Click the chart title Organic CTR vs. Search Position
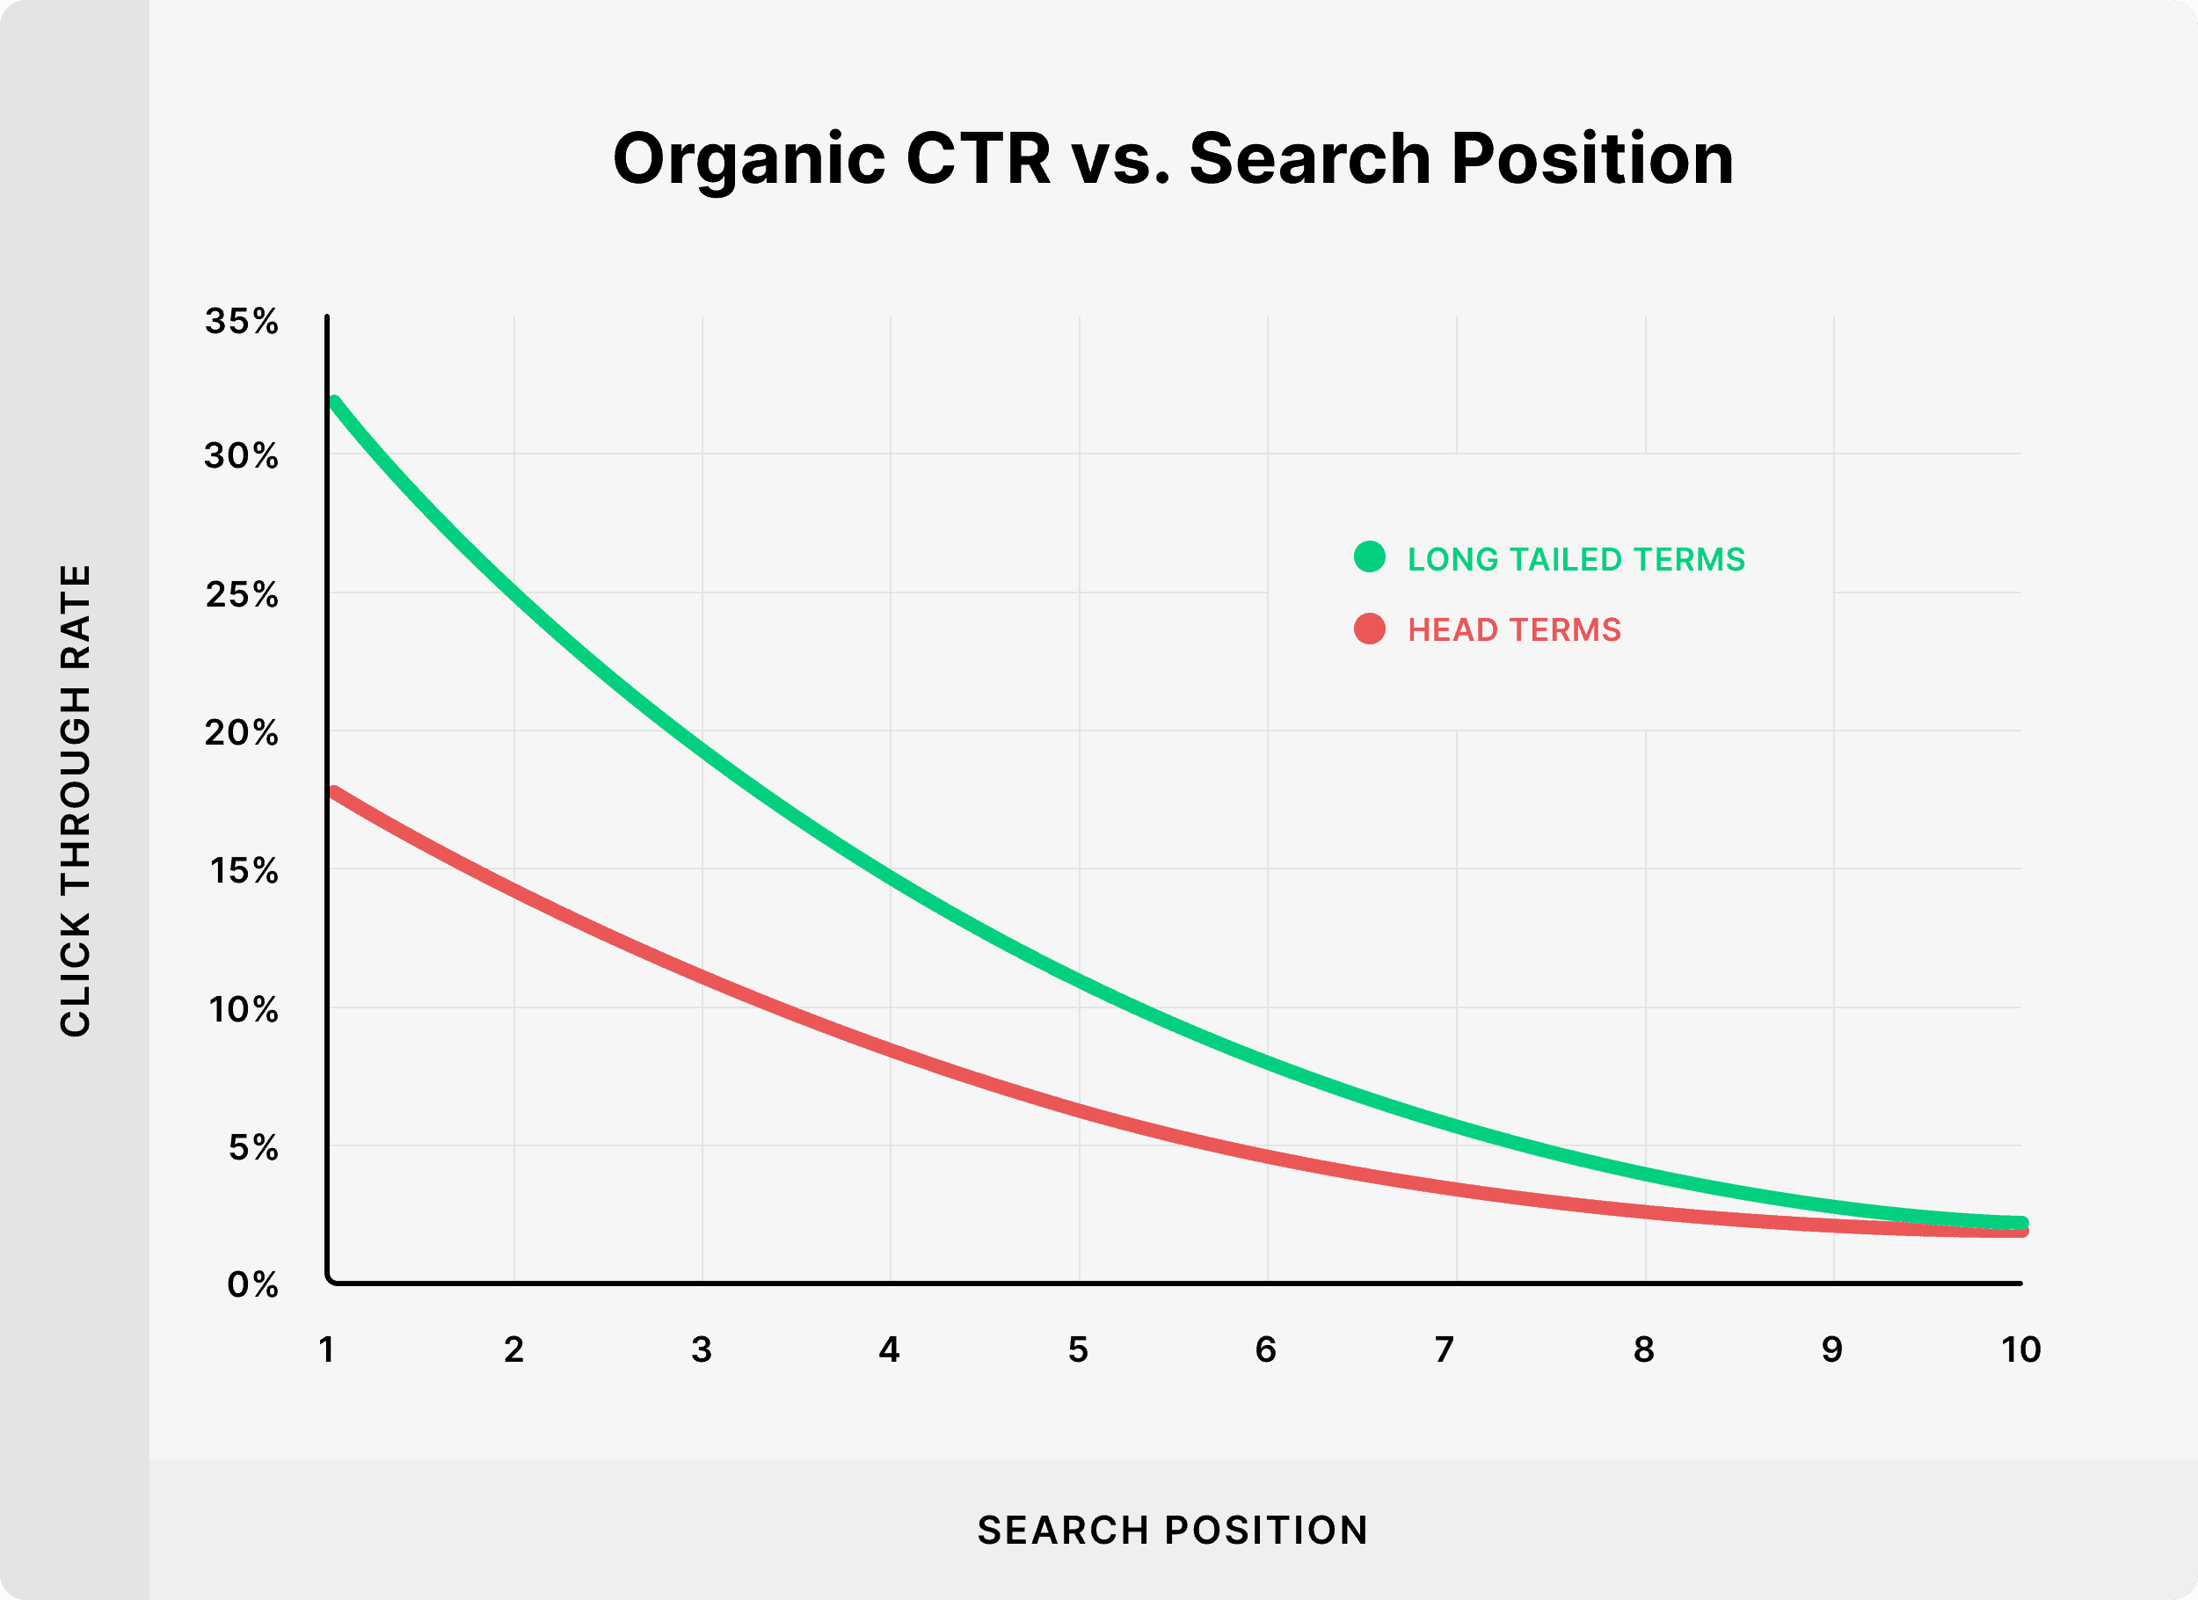point(1173,160)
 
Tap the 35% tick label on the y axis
point(241,321)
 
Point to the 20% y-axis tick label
point(241,732)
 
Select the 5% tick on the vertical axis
point(253,1147)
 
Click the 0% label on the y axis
point(253,1285)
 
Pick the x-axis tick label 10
point(2020,1349)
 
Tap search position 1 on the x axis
point(326,1349)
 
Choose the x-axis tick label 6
point(1266,1349)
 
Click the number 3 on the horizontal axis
point(702,1349)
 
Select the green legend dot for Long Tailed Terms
point(1370,556)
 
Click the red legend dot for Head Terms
point(1370,628)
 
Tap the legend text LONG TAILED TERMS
point(1576,559)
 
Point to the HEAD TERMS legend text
point(1514,630)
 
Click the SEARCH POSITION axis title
point(1173,1531)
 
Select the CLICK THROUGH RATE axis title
point(76,801)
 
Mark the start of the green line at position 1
point(334,401)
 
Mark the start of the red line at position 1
point(334,793)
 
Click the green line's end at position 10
point(2020,1223)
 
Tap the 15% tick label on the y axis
point(244,871)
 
